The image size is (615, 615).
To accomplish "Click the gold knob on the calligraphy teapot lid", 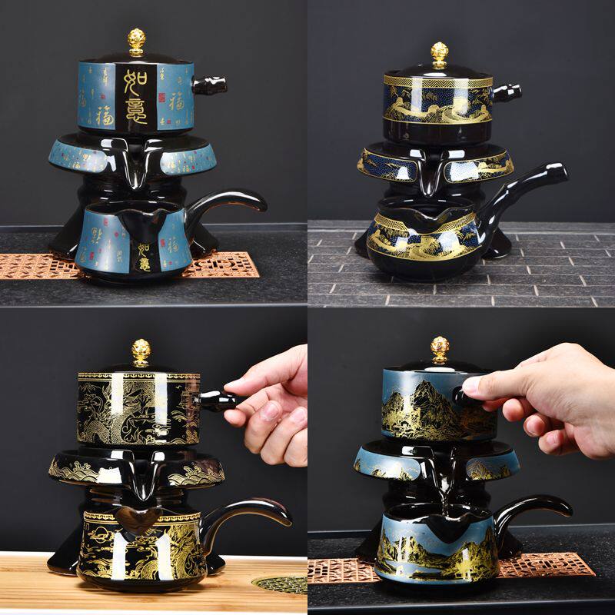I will [137, 41].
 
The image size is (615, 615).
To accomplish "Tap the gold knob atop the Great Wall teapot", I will [440, 54].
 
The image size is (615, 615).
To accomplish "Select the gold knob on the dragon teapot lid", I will [141, 351].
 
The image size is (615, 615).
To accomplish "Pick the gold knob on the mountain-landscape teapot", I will [440, 348].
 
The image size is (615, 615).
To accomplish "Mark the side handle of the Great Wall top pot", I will [505, 93].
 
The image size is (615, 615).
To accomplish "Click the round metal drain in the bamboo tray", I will [281, 584].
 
